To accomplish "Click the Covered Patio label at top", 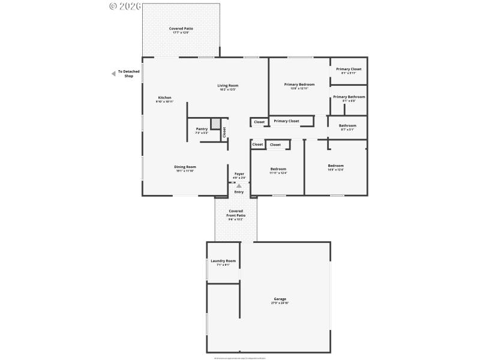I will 181,29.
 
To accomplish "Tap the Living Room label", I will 228,86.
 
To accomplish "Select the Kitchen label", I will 164,98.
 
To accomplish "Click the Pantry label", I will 202,129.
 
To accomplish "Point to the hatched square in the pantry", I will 215,122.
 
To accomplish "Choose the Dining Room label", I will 185,167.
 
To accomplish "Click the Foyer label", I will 239,174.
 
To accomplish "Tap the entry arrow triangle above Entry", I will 239,186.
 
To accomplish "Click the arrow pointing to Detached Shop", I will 113,74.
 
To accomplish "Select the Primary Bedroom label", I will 299,85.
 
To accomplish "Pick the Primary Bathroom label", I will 349,97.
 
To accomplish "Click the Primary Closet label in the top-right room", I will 349,69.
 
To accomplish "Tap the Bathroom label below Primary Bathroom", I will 347,125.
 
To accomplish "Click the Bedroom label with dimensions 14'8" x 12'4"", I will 335,166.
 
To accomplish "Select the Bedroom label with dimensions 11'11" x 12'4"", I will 278,169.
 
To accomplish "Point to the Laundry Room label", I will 223,261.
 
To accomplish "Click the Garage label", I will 280,299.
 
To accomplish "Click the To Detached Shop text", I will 128,74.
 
